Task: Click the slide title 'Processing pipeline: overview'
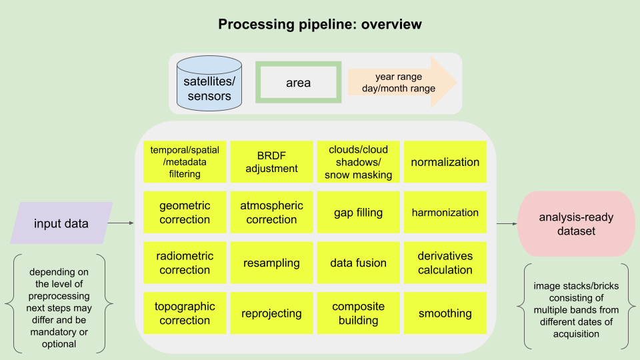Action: coord(320,25)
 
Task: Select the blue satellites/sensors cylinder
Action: coord(209,83)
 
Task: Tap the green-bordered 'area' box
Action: coord(298,83)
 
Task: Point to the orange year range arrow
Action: coord(400,83)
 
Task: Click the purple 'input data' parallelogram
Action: coord(61,223)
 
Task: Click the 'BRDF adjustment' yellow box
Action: coord(271,161)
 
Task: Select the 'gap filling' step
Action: coord(358,213)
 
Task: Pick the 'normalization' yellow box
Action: coord(445,161)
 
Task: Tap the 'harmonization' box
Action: coord(445,213)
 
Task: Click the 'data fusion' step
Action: coord(358,263)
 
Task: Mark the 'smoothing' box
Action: coord(445,313)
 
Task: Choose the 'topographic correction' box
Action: coord(185,313)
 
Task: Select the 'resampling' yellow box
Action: coord(271,263)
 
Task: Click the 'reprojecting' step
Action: coord(271,313)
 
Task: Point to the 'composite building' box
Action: coord(358,313)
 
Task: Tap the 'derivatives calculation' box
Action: coord(445,263)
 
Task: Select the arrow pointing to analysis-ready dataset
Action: coord(506,224)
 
